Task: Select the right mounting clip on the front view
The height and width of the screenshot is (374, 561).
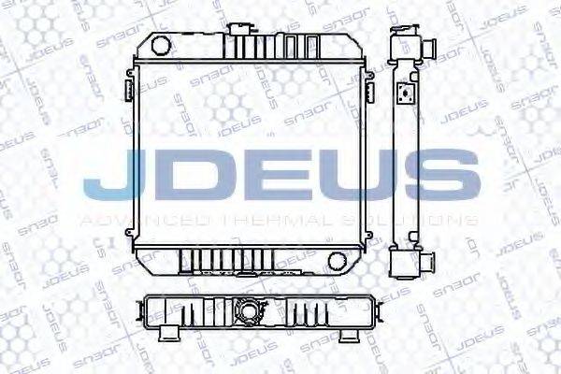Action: [371, 92]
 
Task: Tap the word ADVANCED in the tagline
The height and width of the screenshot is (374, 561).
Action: [144, 221]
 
